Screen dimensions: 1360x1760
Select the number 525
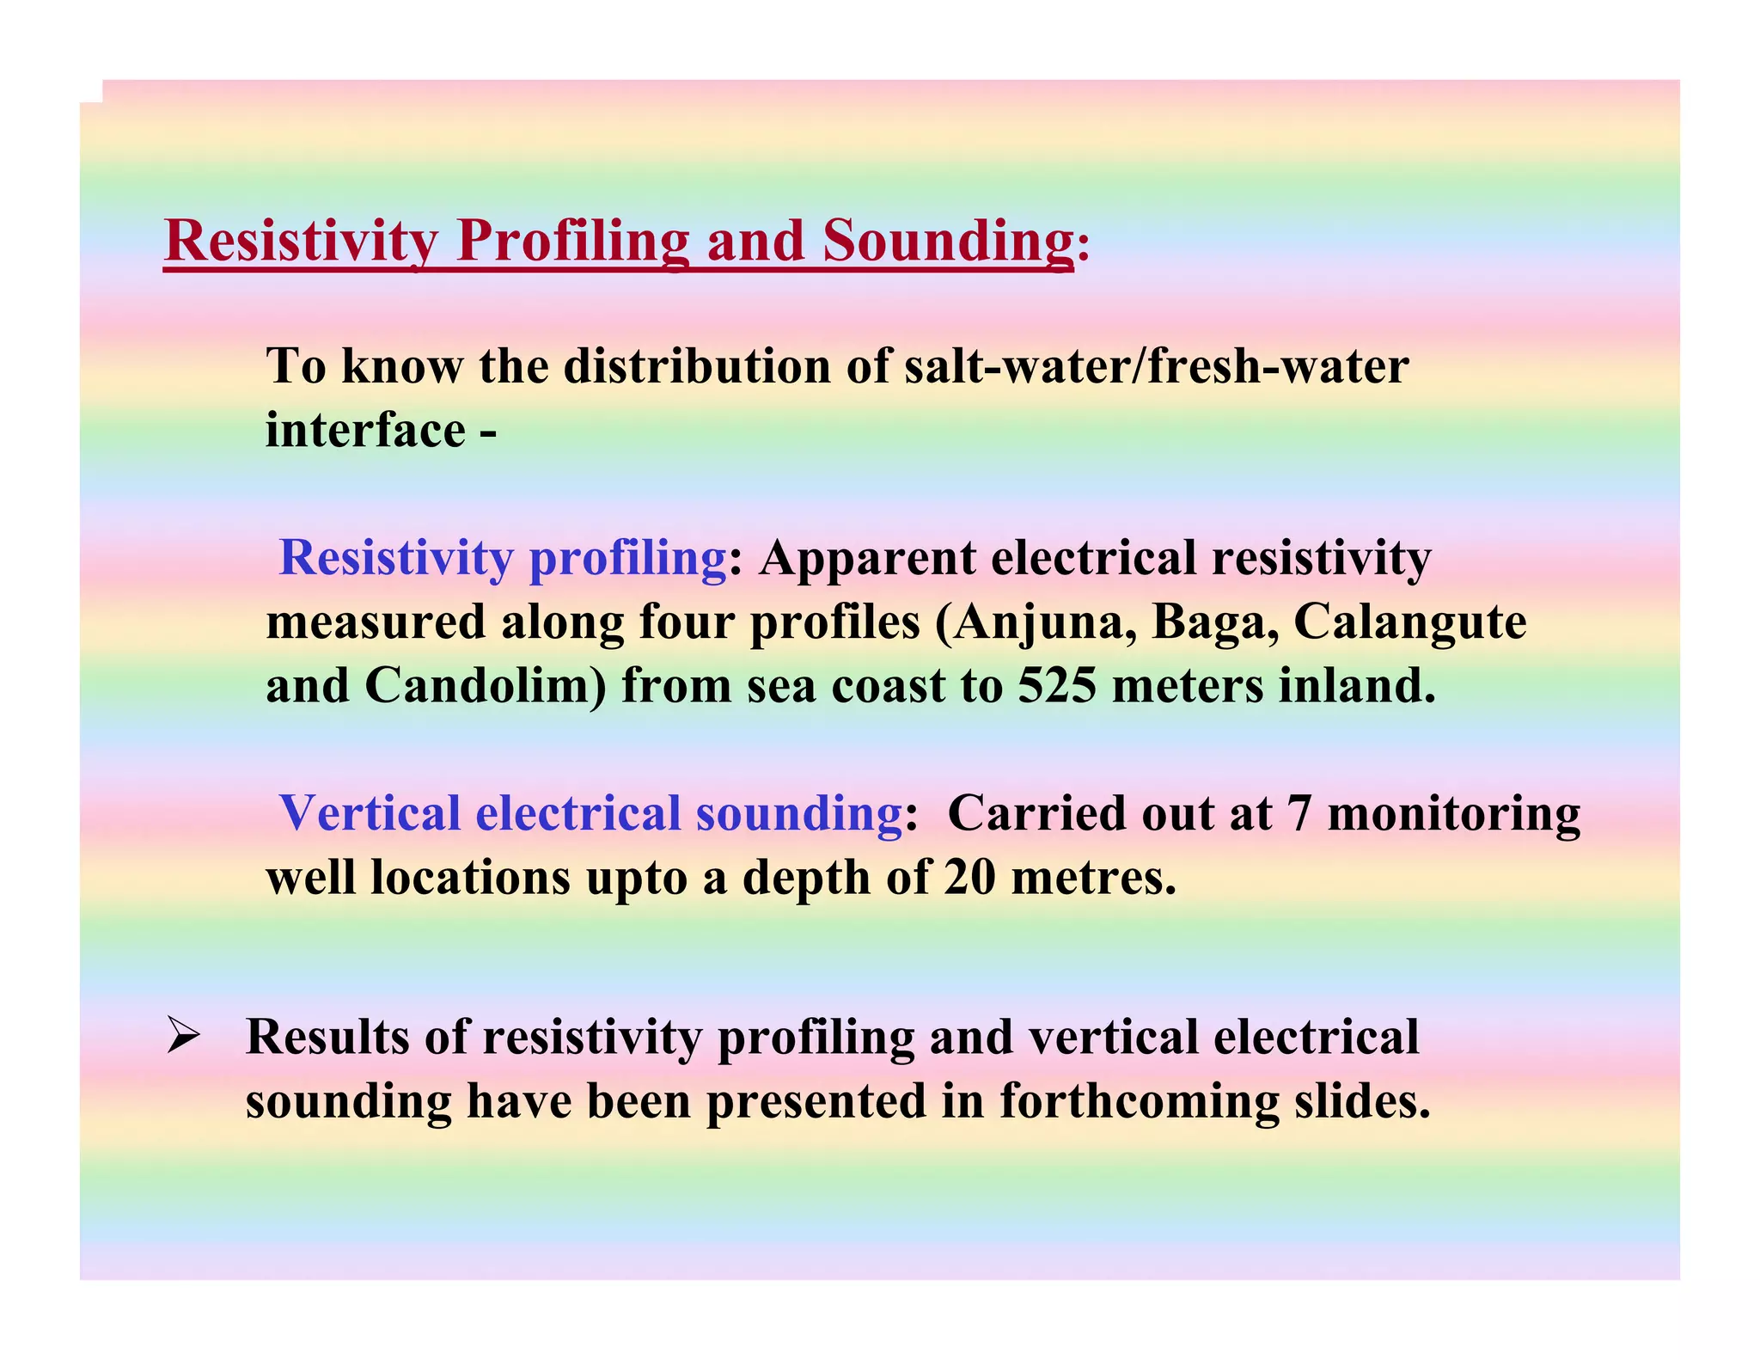pyautogui.click(x=1056, y=686)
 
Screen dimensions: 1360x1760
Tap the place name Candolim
pyautogui.click(x=485, y=686)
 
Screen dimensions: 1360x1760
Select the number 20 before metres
pyautogui.click(x=969, y=878)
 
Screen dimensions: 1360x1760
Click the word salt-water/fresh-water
pyautogui.click(x=1157, y=366)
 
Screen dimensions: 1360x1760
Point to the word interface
pyautogui.click(x=365, y=430)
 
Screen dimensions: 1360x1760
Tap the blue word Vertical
pyautogui.click(x=370, y=813)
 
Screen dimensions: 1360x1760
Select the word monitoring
pyautogui.click(x=1453, y=813)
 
